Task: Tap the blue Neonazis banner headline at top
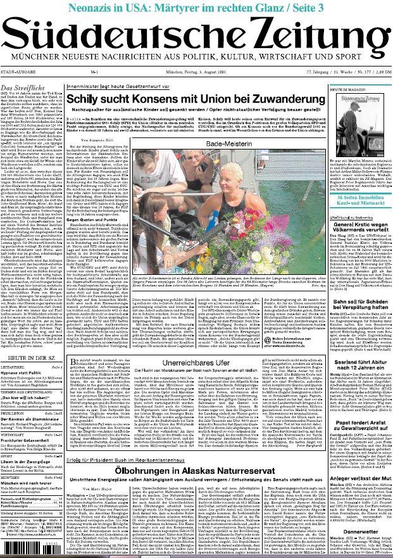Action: tap(196, 7)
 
